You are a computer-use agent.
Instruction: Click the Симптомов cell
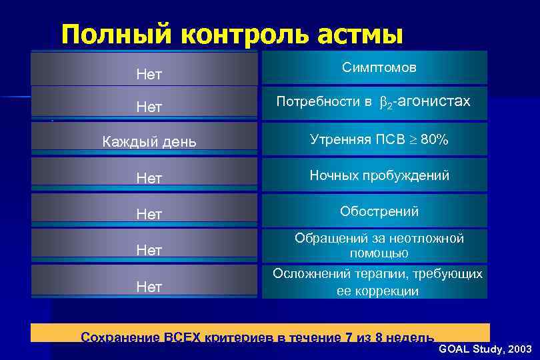coord(379,68)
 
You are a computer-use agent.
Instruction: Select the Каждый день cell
coord(149,142)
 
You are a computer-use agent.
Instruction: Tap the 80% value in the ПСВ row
coord(434,139)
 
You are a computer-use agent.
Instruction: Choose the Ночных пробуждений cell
coord(379,175)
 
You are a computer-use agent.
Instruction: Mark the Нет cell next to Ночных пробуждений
coord(149,177)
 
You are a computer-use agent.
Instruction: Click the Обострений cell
coord(379,211)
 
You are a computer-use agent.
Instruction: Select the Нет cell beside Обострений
coord(149,213)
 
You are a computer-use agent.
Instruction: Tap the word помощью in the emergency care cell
coord(379,253)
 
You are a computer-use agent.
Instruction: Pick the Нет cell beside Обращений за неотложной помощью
coord(149,250)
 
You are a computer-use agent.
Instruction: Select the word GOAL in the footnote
coord(453,349)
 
